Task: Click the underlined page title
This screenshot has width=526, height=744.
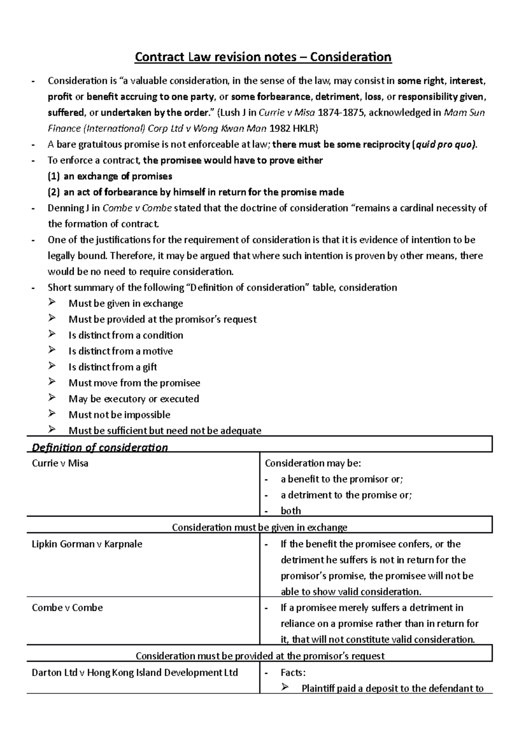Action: click(263, 57)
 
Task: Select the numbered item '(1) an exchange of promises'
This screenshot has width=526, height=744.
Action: click(110, 176)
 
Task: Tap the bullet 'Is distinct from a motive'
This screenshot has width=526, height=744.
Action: click(121, 351)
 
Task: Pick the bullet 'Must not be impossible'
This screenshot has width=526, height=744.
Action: click(119, 415)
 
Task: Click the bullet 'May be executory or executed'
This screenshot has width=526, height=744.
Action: click(134, 399)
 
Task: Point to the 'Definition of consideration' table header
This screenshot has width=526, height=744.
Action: click(100, 447)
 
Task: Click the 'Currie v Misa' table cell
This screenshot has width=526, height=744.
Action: click(60, 463)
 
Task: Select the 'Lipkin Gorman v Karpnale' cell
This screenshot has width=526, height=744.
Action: click(87, 544)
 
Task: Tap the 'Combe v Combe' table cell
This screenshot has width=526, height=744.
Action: click(67, 608)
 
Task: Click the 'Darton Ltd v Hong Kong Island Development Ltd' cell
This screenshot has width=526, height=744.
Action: click(135, 673)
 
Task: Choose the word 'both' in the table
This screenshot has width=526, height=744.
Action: click(291, 511)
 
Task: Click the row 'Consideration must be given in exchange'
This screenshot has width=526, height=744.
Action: click(259, 527)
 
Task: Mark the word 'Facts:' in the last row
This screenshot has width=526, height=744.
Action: click(293, 673)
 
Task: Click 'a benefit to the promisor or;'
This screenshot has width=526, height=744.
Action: click(341, 479)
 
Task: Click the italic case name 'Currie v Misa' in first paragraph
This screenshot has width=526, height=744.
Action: click(287, 113)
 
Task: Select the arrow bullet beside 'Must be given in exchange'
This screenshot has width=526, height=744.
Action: click(52, 303)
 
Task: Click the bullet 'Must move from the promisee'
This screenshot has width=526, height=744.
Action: click(134, 383)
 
